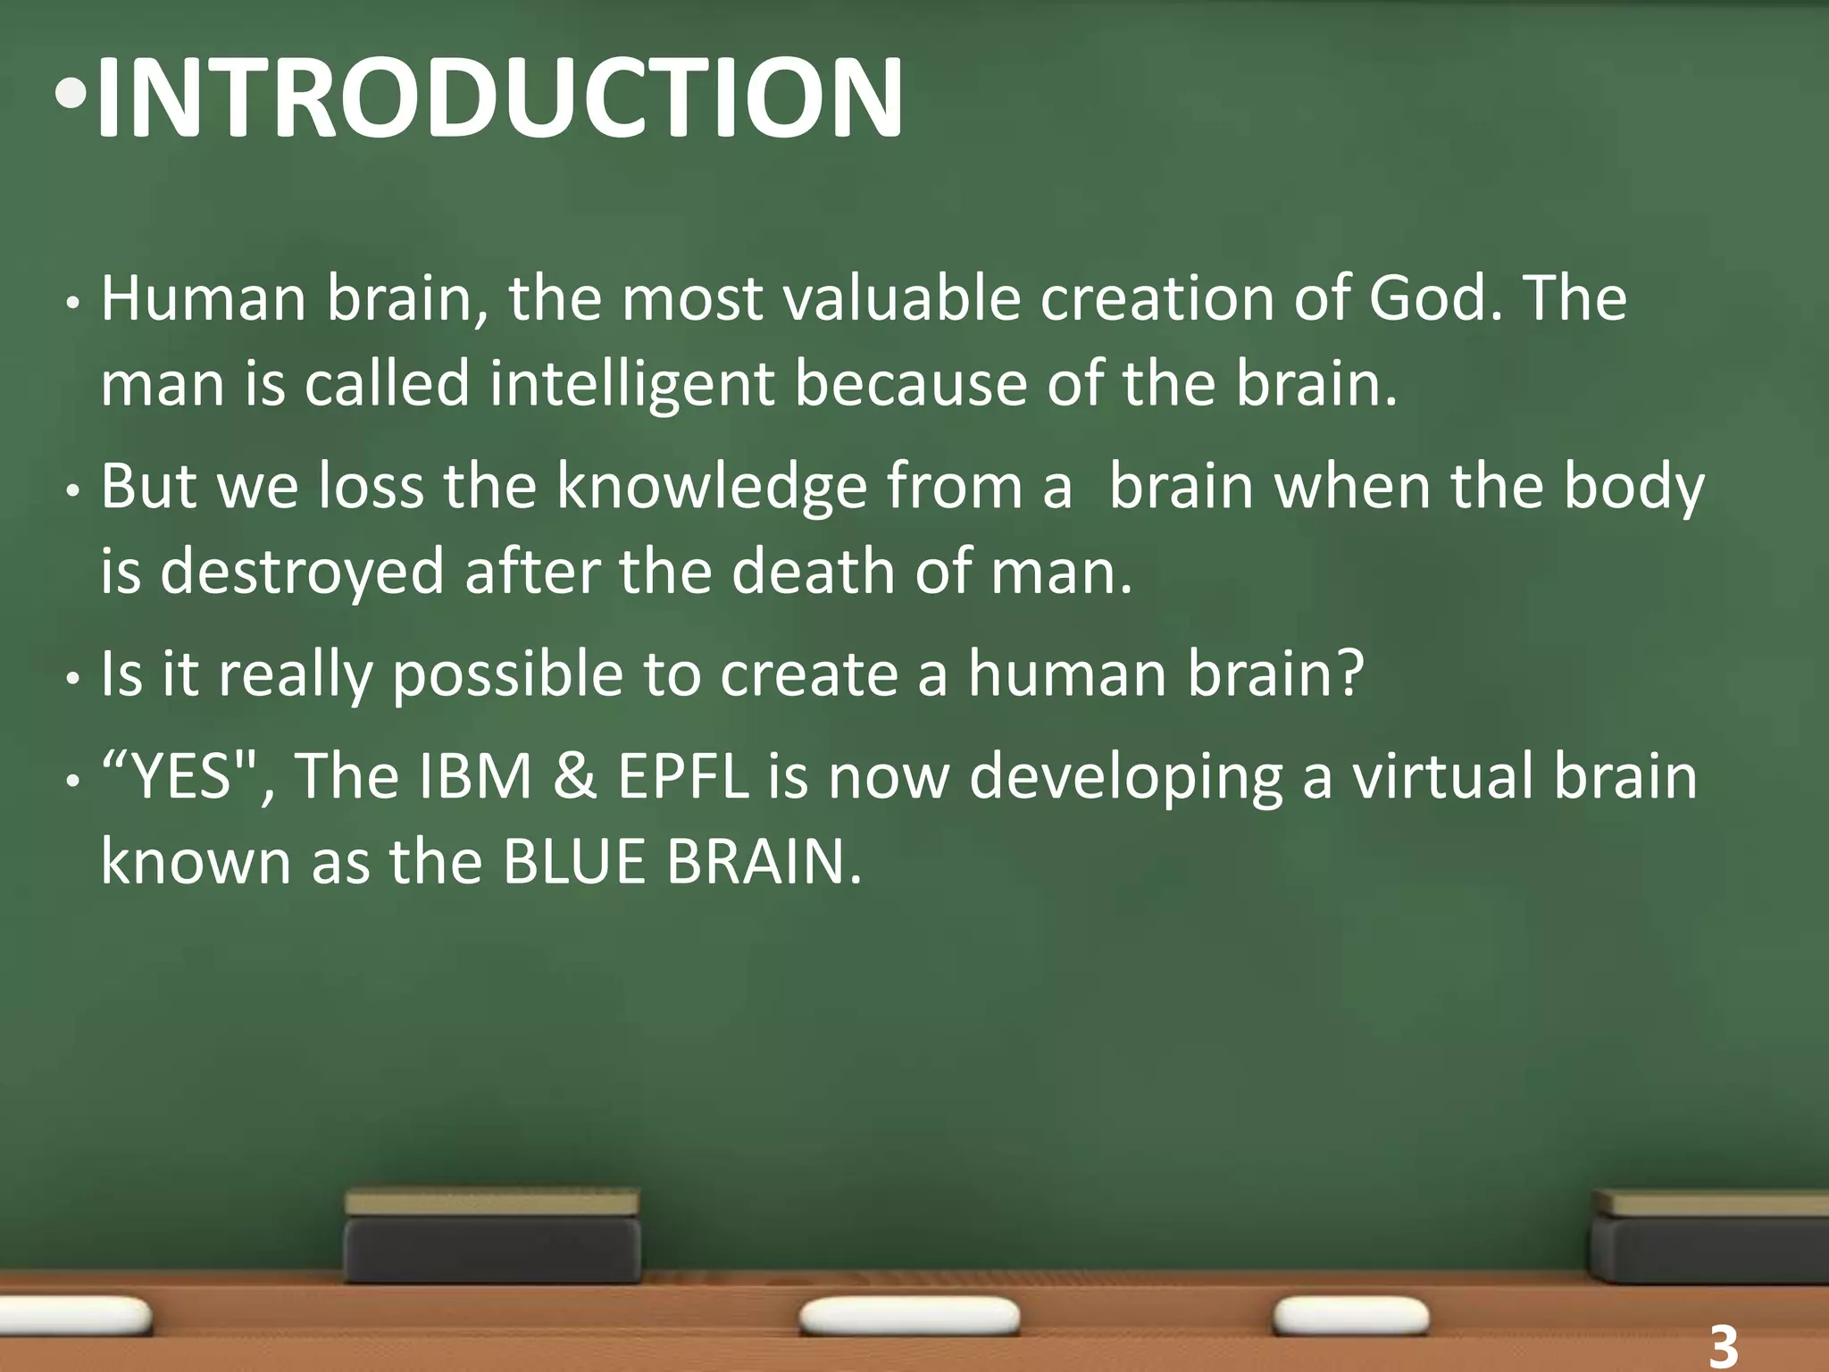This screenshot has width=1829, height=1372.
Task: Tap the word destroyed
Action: pyautogui.click(x=302, y=572)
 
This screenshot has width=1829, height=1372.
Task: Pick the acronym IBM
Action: pyautogui.click(x=475, y=775)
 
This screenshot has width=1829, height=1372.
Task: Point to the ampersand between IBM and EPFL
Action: pyautogui.click(x=574, y=775)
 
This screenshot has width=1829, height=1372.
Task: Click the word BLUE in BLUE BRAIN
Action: pyautogui.click(x=573, y=862)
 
